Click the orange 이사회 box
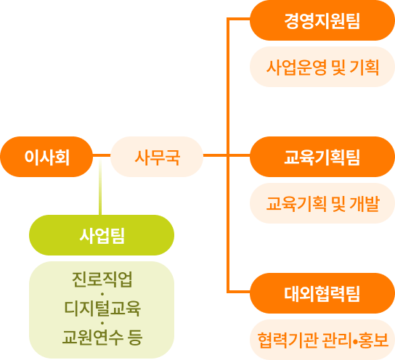tap(47, 156)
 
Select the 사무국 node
tap(157, 156)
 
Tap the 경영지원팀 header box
tap(322, 21)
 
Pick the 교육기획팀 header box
tap(322, 156)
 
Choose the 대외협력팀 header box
tap(322, 293)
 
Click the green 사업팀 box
tap(102, 234)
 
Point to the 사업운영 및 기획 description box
tap(322, 67)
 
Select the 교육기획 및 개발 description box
tap(322, 202)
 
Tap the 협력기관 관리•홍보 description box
tap(322, 338)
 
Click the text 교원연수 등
tap(102, 336)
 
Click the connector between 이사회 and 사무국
tap(102, 156)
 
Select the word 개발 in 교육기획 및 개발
tap(365, 202)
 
